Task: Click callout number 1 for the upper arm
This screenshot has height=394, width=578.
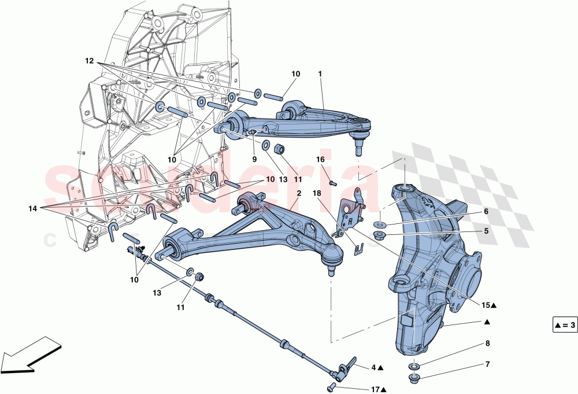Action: [x=320, y=74]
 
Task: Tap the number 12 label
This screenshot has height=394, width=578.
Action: [x=89, y=60]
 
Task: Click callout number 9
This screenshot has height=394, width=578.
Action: [x=253, y=159]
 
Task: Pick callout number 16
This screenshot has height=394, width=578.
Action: [x=320, y=159]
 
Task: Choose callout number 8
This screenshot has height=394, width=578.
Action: [x=487, y=343]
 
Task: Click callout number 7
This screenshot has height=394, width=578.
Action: [x=487, y=364]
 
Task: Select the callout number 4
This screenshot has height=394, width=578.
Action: [x=374, y=367]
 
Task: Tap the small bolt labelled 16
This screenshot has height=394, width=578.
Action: [x=332, y=183]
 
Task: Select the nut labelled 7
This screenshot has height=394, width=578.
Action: [x=414, y=380]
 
